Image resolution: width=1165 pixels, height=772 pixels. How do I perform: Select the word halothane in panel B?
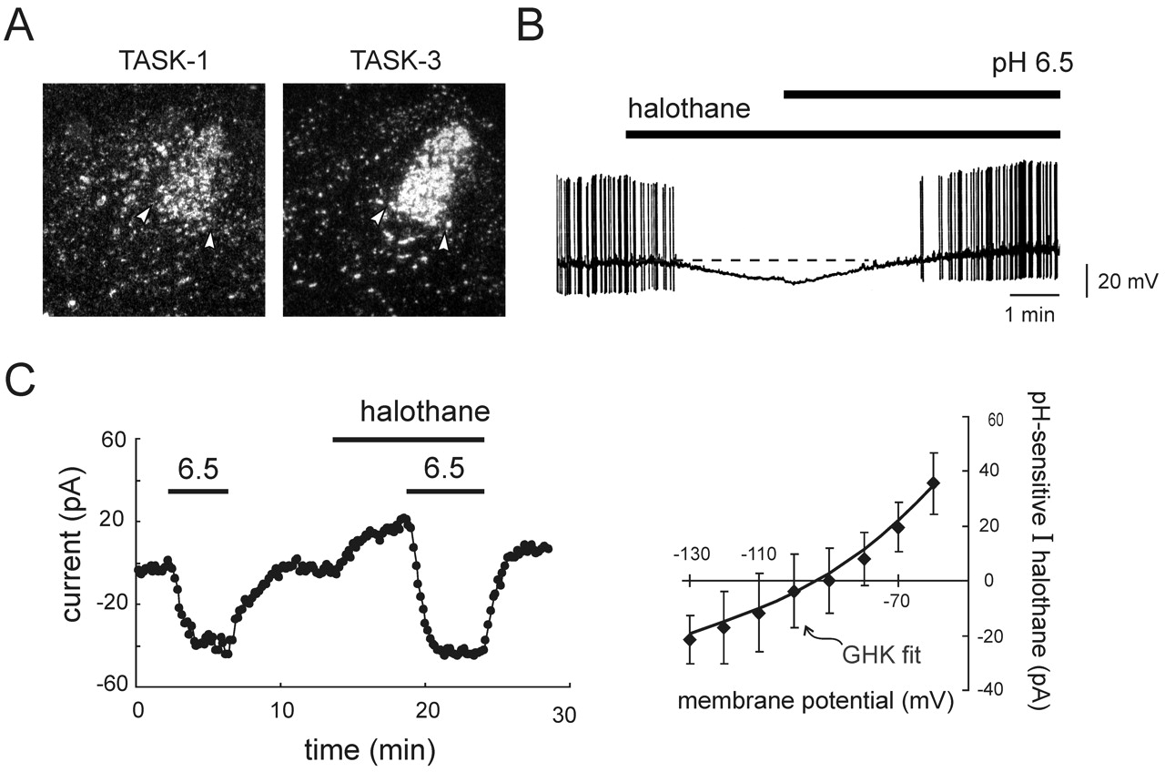pyautogui.click(x=689, y=111)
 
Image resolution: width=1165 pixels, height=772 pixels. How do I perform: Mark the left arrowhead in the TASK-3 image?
pyautogui.click(x=379, y=217)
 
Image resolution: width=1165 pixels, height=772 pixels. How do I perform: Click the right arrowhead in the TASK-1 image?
pyautogui.click(x=209, y=239)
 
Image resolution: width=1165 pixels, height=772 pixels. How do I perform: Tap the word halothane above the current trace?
pyautogui.click(x=425, y=411)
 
